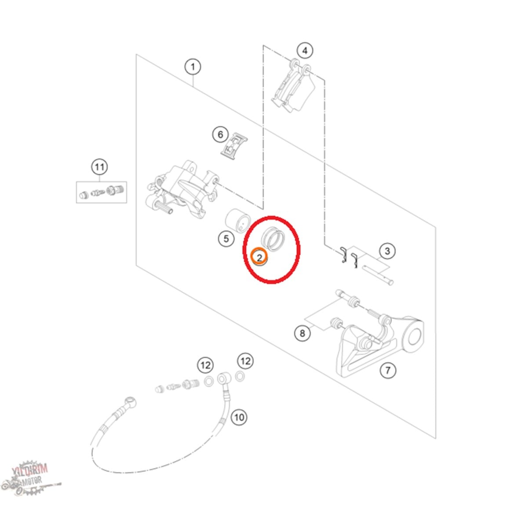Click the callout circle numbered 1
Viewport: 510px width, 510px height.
tap(193, 67)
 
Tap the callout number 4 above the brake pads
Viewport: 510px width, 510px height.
tap(305, 51)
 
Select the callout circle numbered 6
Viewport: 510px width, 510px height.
tap(221, 135)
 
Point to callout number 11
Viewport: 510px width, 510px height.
tap(99, 167)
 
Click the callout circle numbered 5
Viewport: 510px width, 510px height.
tap(226, 239)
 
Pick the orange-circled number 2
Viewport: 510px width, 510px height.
tap(259, 257)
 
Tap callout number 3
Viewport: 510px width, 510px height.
tap(387, 251)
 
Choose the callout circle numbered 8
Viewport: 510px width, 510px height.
tap(302, 333)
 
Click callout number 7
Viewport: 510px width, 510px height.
tap(388, 370)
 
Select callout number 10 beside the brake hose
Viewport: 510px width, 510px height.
tap(239, 417)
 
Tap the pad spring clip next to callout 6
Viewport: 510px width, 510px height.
tap(234, 146)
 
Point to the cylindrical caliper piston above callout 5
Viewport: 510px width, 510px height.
tap(238, 221)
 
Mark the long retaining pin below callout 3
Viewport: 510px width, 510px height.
tap(377, 274)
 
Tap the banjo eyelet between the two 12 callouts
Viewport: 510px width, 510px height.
tap(224, 378)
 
